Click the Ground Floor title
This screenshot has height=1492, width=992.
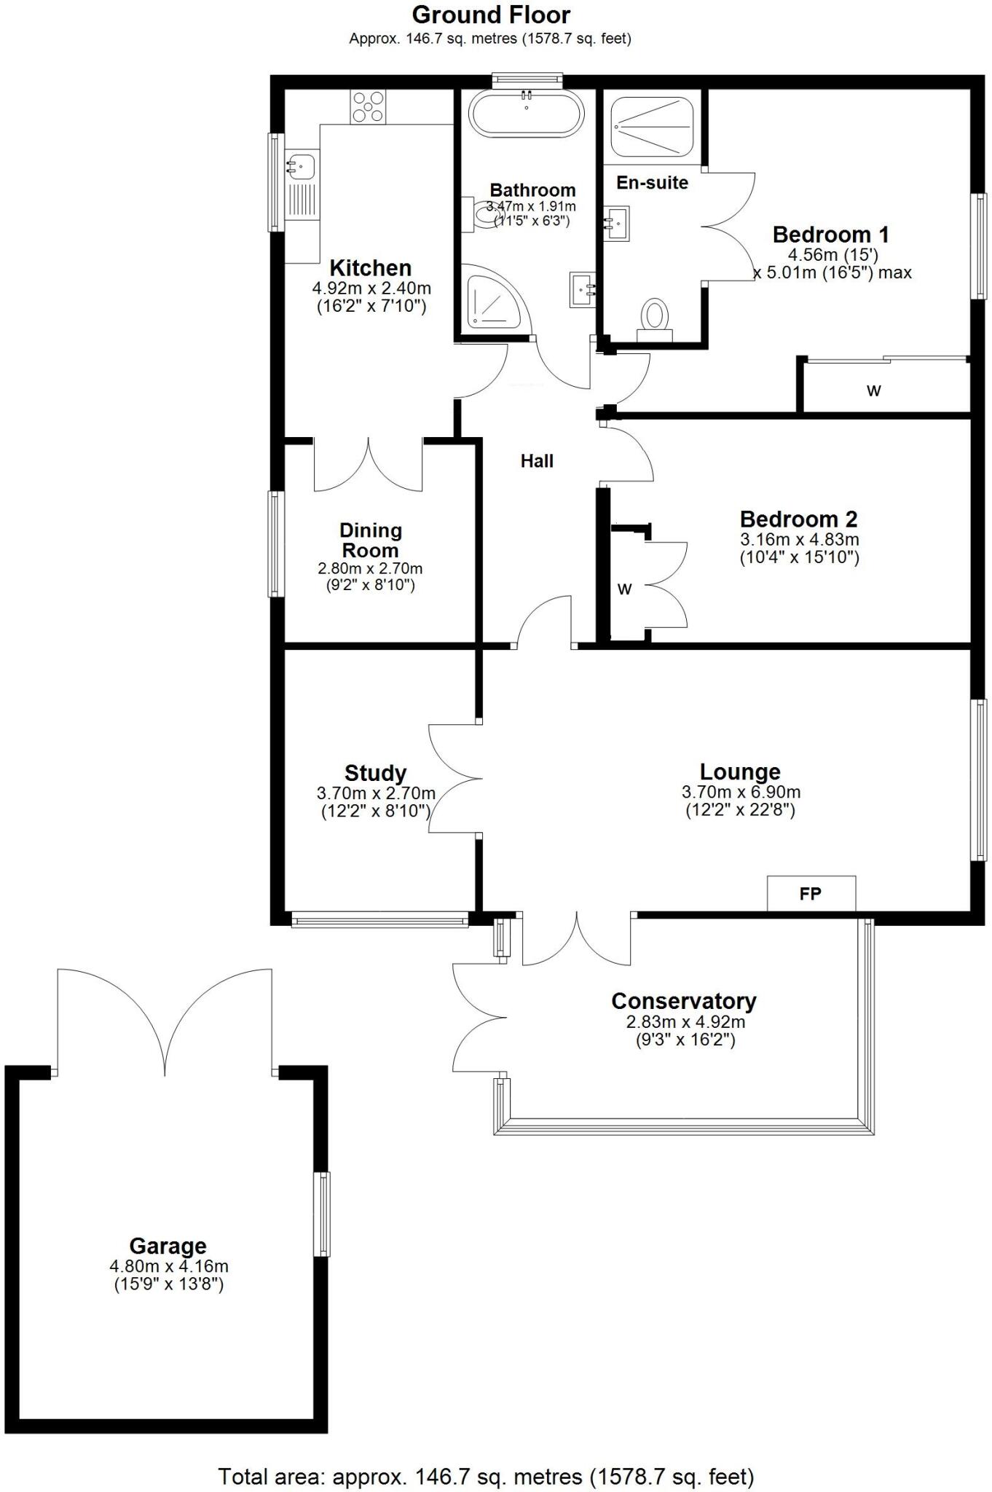point(491,15)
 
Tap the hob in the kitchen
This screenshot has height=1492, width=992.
point(368,106)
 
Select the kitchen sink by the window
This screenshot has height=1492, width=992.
point(300,167)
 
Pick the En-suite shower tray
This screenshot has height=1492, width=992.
point(651,126)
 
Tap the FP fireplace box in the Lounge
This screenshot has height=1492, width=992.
point(811,893)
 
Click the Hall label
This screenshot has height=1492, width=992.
point(537,461)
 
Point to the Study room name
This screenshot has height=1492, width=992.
point(375,772)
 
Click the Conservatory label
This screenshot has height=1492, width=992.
point(683,1001)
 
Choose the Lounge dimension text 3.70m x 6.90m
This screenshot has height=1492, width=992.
point(741,792)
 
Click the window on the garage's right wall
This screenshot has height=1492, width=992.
point(321,1214)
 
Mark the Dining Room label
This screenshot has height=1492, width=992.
point(370,541)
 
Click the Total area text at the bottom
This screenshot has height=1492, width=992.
point(486,1477)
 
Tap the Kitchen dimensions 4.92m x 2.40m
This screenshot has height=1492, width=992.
point(371,288)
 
